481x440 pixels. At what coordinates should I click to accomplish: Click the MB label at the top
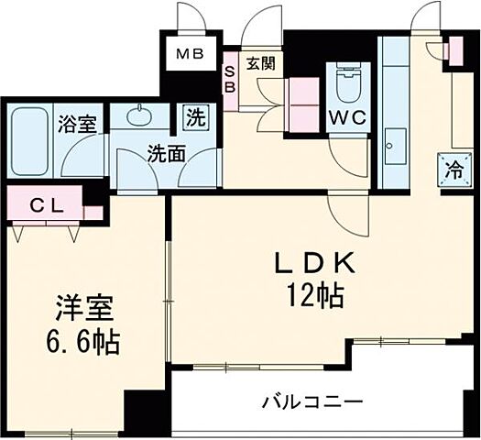click(x=191, y=52)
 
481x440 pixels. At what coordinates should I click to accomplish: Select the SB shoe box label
click(x=231, y=80)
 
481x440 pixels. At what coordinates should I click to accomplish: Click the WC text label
click(x=348, y=119)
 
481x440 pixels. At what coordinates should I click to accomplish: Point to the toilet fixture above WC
click(x=349, y=85)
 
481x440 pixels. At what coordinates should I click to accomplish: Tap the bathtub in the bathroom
click(x=31, y=143)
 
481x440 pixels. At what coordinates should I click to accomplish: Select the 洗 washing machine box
click(x=195, y=117)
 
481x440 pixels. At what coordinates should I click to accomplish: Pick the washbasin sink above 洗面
click(x=140, y=115)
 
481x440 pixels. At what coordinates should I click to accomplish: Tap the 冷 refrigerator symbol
click(x=453, y=169)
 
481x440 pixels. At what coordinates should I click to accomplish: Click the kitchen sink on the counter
click(x=396, y=143)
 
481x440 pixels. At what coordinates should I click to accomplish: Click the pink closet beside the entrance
click(x=301, y=95)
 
